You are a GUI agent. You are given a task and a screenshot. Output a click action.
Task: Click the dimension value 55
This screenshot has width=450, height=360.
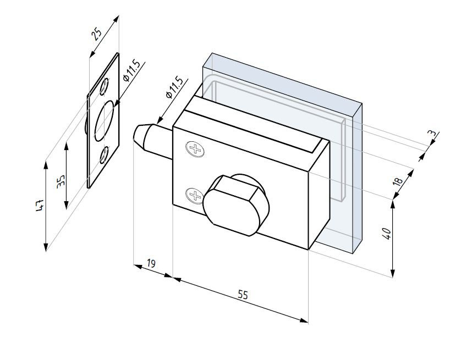point(243,295)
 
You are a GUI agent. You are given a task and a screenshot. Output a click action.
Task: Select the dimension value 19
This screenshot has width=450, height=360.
point(151,264)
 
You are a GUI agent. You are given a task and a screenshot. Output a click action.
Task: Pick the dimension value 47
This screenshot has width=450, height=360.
point(40,206)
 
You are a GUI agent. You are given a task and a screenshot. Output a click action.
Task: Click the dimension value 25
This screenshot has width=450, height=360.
point(97,35)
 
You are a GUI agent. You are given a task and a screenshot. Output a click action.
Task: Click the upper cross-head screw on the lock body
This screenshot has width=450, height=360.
point(194,148)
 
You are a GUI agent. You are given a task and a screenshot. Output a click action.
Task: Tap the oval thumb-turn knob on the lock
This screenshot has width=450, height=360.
point(234,203)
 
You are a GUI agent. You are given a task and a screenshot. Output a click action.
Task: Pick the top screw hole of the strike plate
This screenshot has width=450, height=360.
point(105,86)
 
